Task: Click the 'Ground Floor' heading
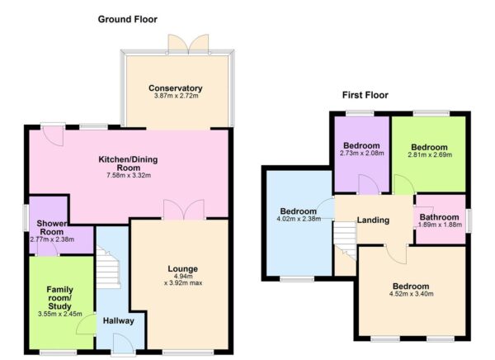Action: (127, 19)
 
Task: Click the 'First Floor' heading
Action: (365, 95)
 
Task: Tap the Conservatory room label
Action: (176, 88)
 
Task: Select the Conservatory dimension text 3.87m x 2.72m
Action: (176, 97)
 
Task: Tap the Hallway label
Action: (119, 321)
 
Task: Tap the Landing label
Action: (372, 220)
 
